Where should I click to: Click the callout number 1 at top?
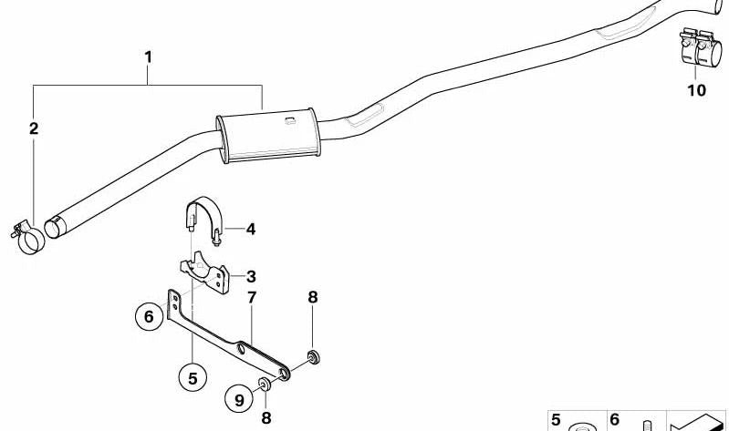pyautogui.click(x=149, y=57)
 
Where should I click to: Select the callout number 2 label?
pyautogui.click(x=34, y=128)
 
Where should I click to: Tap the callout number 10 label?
pyautogui.click(x=696, y=90)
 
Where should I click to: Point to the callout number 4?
pyautogui.click(x=251, y=229)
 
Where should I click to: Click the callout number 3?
pyautogui.click(x=251, y=277)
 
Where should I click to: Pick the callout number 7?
pyautogui.click(x=252, y=297)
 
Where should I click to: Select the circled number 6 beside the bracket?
pyautogui.click(x=149, y=317)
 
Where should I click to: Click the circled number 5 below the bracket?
pyautogui.click(x=193, y=378)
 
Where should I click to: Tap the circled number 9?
pyautogui.click(x=239, y=399)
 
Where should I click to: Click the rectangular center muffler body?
pyautogui.click(x=269, y=136)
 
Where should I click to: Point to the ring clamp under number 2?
pyautogui.click(x=29, y=237)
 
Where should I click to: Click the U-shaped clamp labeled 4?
pyautogui.click(x=204, y=220)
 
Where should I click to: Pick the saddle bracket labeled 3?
pyautogui.click(x=205, y=273)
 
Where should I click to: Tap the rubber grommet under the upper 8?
pyautogui.click(x=314, y=358)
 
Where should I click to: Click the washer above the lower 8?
pyautogui.click(x=265, y=385)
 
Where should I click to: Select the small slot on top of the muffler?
pyautogui.click(x=290, y=121)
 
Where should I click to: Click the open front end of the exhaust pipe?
pyautogui.click(x=56, y=228)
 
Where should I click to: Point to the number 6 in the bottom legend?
pyautogui.click(x=614, y=420)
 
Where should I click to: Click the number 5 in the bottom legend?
pyautogui.click(x=556, y=420)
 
